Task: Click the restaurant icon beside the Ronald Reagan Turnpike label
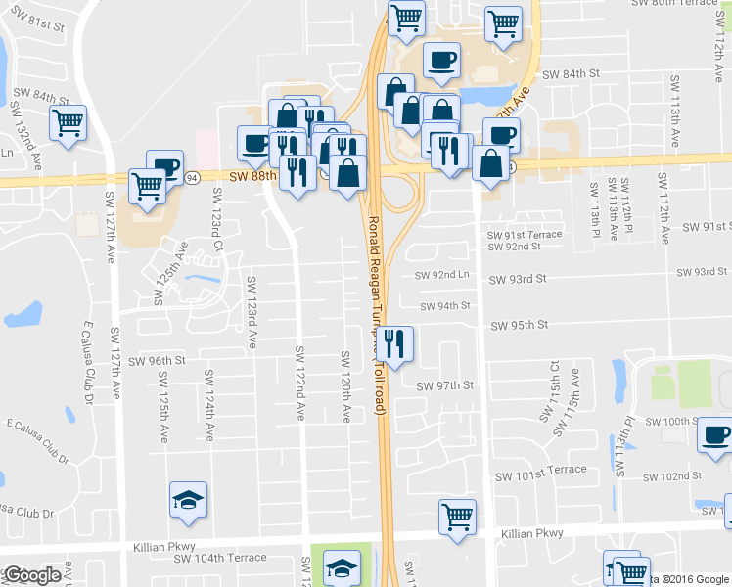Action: tap(393, 343)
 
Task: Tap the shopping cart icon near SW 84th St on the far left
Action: tap(69, 123)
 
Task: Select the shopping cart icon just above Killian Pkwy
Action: tap(456, 516)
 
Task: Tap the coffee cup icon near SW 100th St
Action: tap(714, 433)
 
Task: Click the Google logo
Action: tap(31, 575)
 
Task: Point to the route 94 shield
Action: tap(192, 177)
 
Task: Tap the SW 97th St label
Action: tap(444, 385)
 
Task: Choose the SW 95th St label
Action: tap(519, 325)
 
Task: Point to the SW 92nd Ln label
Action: tap(442, 276)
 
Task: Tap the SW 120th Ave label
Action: tap(344, 386)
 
